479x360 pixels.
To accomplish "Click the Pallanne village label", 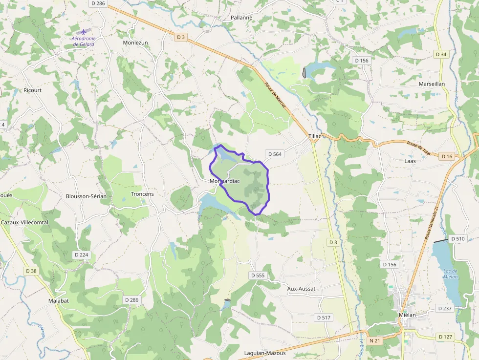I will pos(241,18).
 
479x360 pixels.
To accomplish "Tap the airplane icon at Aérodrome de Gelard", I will pos(83,32).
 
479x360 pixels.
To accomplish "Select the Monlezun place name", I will pos(135,42).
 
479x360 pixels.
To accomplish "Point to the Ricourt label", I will pos(33,90).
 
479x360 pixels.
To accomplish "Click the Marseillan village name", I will pos(432,84).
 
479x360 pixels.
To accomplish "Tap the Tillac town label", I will pos(315,136).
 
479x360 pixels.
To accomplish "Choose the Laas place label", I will pos(410,160).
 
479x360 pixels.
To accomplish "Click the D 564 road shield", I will pos(274,154).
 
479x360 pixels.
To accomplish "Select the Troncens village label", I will pos(142,194).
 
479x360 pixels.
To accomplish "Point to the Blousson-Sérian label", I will pos(86,196).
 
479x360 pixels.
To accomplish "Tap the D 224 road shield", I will pos(82,255).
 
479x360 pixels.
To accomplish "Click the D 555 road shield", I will pos(258,275).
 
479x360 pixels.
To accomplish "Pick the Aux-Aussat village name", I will pos(301,289).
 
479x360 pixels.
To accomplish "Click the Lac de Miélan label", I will pos(450,274).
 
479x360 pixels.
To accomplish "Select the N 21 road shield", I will pos(375,340).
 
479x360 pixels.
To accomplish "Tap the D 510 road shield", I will pos(457,239).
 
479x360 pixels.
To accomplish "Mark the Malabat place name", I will pos(59,301).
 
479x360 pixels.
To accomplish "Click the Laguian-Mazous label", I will pos(265,353).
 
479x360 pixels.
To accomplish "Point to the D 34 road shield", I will pos(441,54).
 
